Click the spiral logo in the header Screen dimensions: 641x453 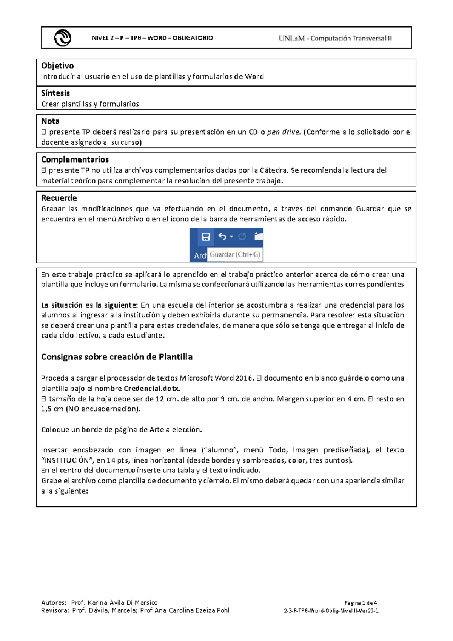tap(62, 38)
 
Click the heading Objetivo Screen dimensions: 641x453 tap(57, 66)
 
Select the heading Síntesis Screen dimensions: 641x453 tap(55, 93)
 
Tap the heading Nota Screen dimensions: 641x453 tap(50, 121)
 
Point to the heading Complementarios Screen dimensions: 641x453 tap(75, 159)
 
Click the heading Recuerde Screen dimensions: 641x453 tap(59, 198)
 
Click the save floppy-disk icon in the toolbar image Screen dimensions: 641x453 tap(206, 237)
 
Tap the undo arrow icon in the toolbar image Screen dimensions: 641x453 tap(222, 237)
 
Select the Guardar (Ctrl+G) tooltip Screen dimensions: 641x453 tap(235, 255)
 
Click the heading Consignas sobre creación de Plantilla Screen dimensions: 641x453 tap(117, 357)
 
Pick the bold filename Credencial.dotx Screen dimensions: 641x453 tap(152, 389)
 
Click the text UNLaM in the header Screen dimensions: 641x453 tap(291, 38)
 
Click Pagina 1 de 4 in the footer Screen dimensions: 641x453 tap(361, 603)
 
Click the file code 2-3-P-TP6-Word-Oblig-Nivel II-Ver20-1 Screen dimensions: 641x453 tap(331, 611)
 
